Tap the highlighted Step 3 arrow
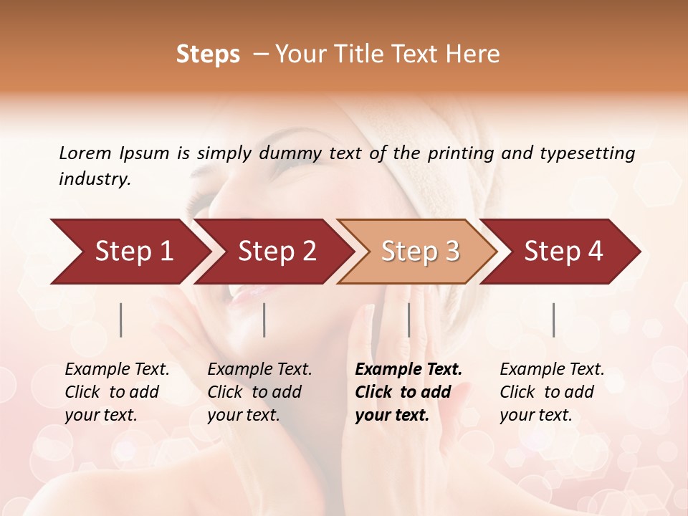pos(420,251)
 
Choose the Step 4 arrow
pos(563,251)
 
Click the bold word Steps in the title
pos(208,54)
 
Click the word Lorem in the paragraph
pos(85,153)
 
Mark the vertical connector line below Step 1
pos(121,320)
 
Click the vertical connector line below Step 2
pos(264,320)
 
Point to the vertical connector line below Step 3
pos(408,320)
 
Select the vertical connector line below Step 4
pos(553,320)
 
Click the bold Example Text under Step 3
pos(408,370)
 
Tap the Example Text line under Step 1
pos(117,370)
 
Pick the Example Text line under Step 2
pos(259,370)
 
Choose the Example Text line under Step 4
pos(552,370)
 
